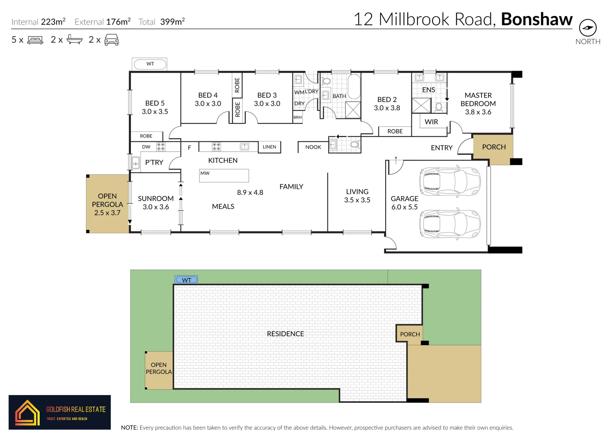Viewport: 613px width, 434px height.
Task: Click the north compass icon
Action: (587, 28)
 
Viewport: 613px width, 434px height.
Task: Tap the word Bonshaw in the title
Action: (537, 19)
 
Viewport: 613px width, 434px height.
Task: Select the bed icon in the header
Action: (35, 40)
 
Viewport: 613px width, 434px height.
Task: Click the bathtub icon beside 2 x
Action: (74, 39)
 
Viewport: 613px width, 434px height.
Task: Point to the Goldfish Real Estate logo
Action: (59, 412)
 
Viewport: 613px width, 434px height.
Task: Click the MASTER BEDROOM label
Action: (478, 104)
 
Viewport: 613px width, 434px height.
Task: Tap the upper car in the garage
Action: (450, 181)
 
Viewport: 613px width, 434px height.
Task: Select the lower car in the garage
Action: (450, 224)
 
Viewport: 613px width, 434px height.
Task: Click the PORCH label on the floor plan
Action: (494, 147)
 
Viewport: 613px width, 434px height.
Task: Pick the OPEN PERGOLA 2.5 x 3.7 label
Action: (107, 205)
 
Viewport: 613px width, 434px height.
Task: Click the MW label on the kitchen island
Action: (205, 173)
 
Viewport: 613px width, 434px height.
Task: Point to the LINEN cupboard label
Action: (269, 147)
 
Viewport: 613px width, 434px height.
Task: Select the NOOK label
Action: (313, 147)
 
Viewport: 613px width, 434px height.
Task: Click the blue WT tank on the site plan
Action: (186, 280)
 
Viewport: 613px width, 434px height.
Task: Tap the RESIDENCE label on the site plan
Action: (285, 334)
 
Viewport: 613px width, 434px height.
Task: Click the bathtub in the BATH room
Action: (354, 86)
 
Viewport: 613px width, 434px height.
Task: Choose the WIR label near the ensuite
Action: (431, 122)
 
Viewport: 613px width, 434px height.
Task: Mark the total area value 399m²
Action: (172, 22)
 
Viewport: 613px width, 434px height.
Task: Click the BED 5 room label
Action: (155, 107)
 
